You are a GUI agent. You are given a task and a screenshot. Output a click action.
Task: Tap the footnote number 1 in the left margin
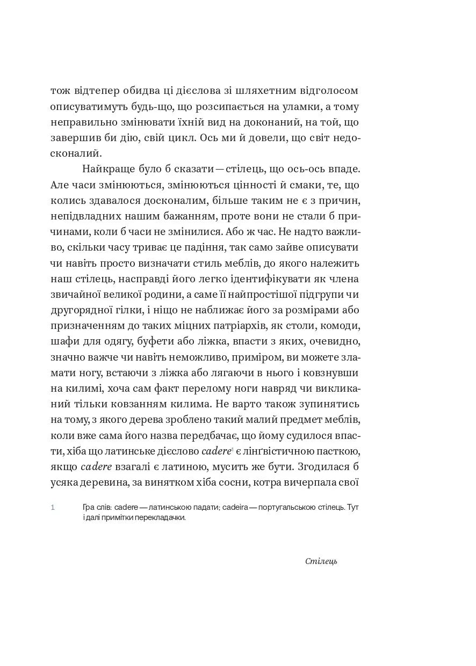pos(53,507)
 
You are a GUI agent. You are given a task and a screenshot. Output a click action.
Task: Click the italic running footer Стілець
pos(321,562)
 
